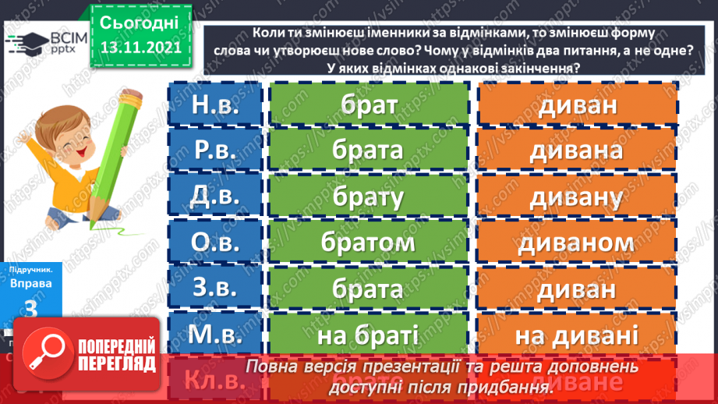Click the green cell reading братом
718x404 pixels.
point(369,243)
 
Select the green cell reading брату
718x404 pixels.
point(369,197)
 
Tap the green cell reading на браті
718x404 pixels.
point(369,335)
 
